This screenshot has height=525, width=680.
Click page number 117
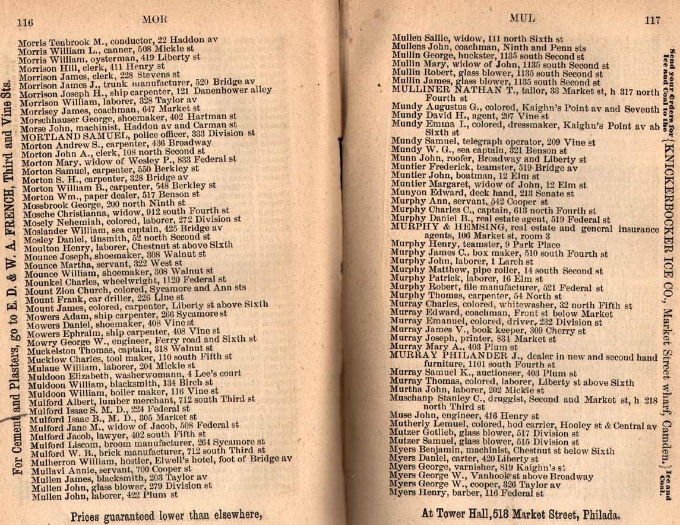pos(651,20)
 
